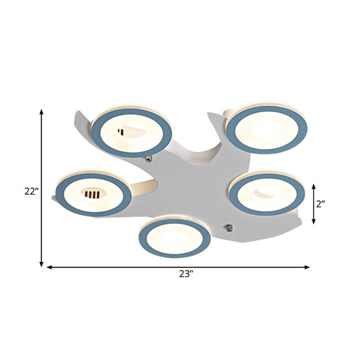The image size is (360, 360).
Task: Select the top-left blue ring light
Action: click(132, 131)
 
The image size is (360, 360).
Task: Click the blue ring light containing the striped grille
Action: click(93, 194)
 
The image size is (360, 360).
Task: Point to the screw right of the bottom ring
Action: click(229, 228)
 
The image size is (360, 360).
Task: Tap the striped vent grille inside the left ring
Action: click(93, 195)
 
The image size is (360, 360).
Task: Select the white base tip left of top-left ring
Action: click(79, 113)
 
